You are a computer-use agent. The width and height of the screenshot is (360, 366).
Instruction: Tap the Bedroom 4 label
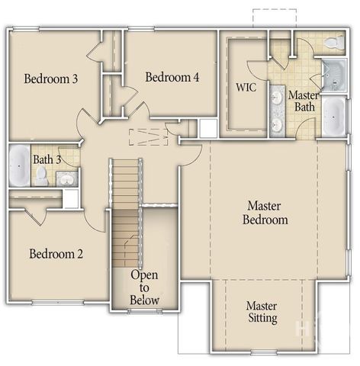(172, 77)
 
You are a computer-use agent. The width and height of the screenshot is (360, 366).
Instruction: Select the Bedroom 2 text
(56, 254)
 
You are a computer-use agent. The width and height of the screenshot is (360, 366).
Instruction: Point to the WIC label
(246, 87)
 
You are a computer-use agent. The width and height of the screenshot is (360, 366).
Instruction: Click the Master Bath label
(304, 101)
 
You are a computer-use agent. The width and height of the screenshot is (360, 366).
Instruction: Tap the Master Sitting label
(262, 312)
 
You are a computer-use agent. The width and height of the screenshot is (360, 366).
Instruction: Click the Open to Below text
(144, 287)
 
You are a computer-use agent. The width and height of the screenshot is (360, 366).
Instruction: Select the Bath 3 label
(47, 159)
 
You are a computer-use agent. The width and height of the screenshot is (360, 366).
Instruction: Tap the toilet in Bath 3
(42, 176)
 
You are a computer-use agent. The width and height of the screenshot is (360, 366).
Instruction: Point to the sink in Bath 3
(66, 179)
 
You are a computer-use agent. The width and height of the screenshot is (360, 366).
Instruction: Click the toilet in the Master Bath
(333, 43)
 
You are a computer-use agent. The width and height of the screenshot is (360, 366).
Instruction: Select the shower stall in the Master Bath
(333, 75)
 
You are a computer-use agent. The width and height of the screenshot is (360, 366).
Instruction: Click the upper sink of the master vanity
(276, 97)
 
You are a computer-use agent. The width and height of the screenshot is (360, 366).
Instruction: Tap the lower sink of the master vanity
(276, 124)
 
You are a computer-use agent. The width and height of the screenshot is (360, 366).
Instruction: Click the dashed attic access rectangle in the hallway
(149, 136)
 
